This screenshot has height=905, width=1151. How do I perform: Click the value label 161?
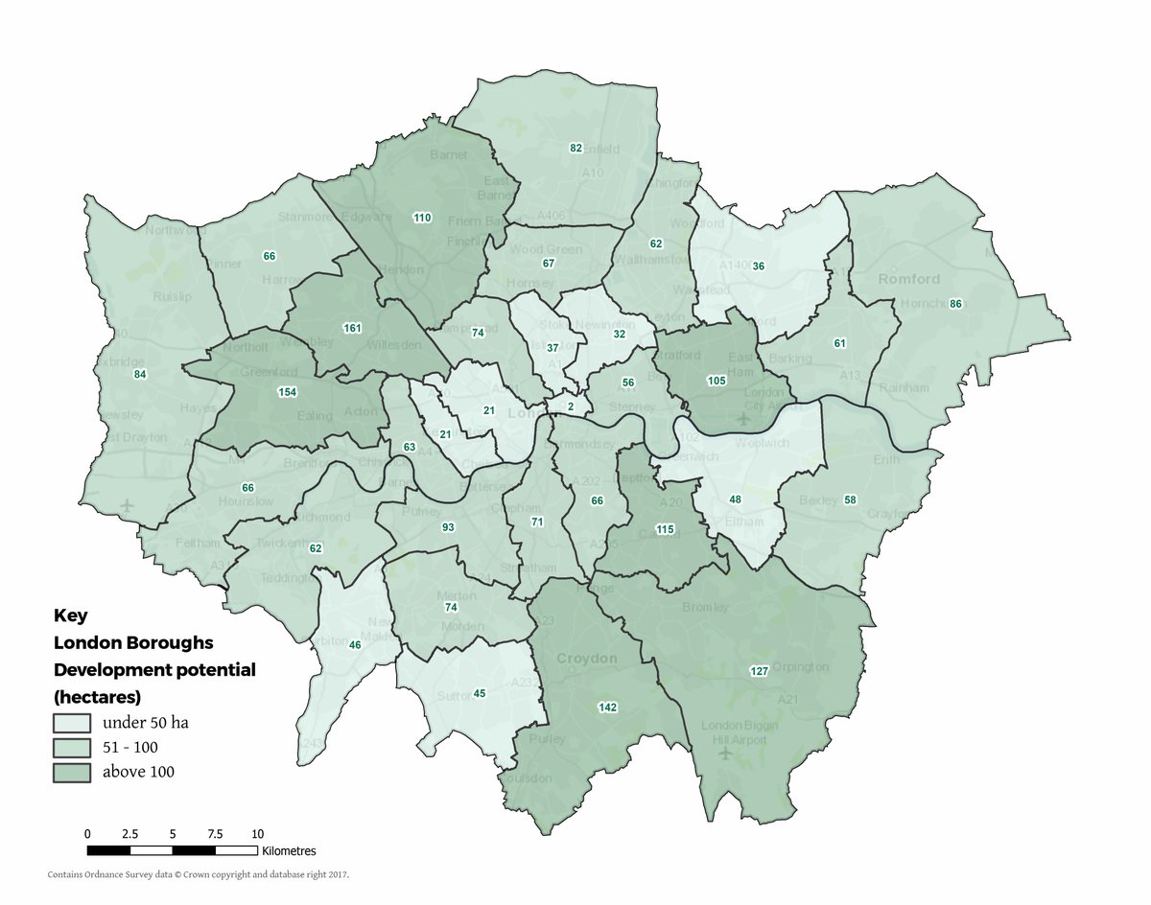352,329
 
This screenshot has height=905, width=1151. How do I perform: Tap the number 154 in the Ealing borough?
287,392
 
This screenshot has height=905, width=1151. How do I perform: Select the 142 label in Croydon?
607,708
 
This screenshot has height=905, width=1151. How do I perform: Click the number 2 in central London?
571,407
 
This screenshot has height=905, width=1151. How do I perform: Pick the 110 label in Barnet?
422,218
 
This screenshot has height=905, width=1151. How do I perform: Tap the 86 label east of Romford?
955,304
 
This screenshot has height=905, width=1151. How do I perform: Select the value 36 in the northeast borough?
759,266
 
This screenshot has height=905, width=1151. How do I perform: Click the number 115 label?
665,529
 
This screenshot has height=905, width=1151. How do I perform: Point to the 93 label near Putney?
448,528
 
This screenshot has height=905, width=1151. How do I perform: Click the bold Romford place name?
908,279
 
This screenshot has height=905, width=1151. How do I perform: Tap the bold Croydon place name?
586,659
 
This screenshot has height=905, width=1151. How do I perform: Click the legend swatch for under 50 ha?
72,722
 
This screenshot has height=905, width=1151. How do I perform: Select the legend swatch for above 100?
72,771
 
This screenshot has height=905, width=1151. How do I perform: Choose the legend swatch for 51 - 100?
72,747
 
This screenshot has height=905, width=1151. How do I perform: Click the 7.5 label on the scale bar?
215,834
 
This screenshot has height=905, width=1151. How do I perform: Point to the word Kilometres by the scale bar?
288,850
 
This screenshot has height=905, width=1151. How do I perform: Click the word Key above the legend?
70,615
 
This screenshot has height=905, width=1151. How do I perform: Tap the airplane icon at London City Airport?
742,419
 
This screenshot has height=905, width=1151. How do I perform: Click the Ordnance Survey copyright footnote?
199,874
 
